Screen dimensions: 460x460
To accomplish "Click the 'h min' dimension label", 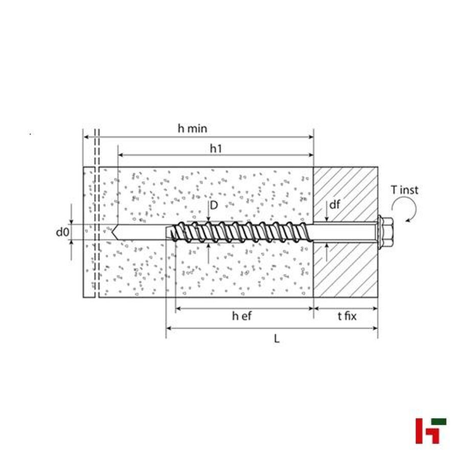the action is coord(193,128).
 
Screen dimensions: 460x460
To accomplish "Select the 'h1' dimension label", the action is coord(216,149).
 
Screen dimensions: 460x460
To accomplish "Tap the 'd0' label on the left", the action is coord(62,232).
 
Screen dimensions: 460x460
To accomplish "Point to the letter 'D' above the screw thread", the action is coord(214,205).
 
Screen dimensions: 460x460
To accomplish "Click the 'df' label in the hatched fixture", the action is coord(334,205).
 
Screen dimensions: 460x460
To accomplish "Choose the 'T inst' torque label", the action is coord(404,190).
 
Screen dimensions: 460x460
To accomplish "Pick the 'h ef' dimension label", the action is coord(242,316).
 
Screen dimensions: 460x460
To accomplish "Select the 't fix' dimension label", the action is coord(347,316).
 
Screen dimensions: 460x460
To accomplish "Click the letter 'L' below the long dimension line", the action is coord(277,339).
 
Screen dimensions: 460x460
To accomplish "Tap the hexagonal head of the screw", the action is coord(385,232).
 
